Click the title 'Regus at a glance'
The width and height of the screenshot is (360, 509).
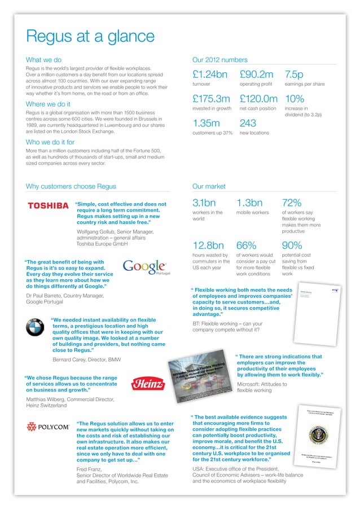90,37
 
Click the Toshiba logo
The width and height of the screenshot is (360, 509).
48,207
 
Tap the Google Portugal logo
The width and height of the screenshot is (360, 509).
145,266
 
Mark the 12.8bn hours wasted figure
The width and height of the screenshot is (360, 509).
208,246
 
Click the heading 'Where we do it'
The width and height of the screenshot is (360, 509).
48,104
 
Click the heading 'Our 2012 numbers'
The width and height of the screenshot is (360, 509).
219,60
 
